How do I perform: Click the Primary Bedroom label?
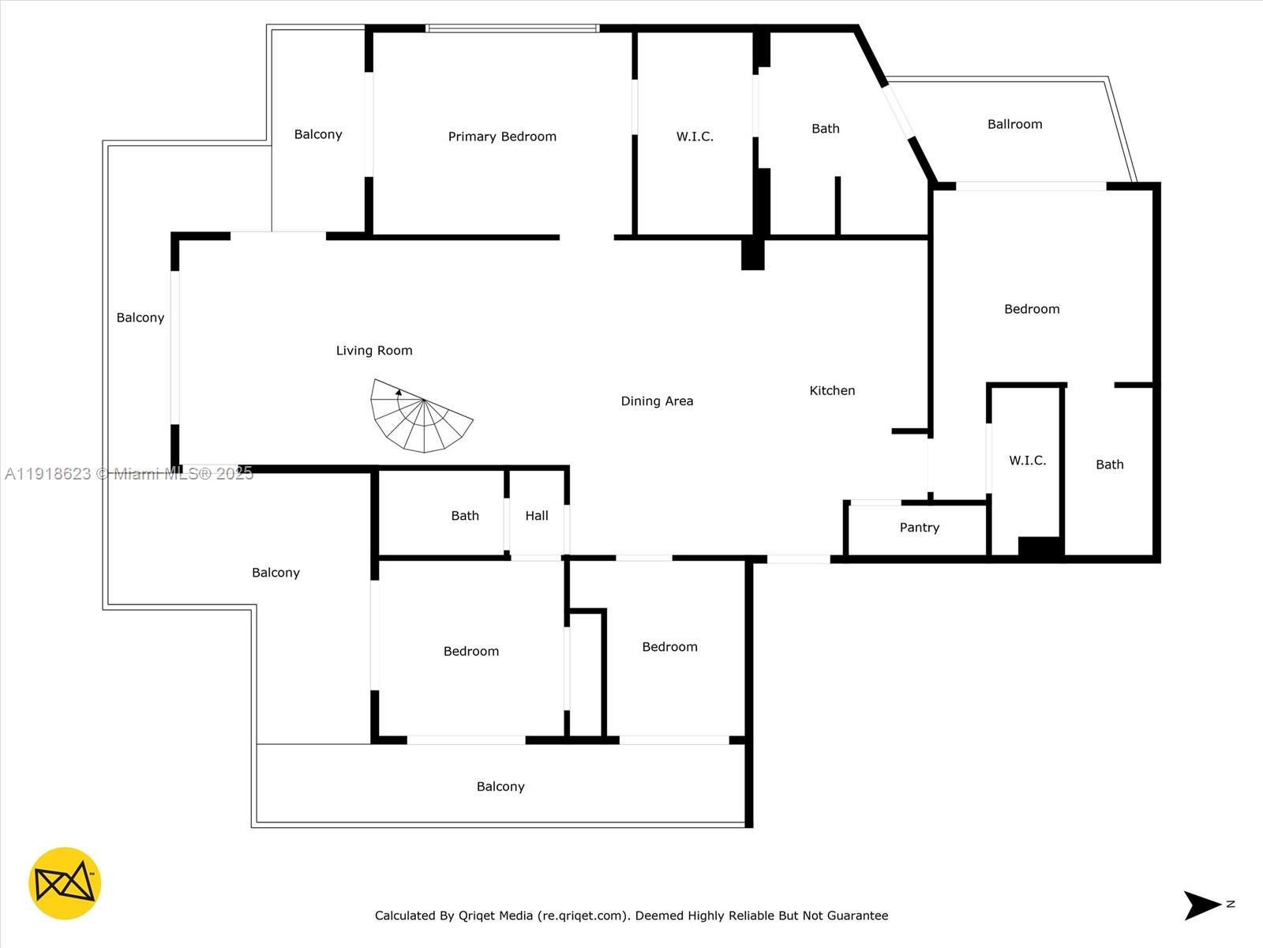coord(502,137)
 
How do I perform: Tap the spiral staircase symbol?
coord(421,416)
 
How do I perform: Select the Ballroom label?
coord(1014,124)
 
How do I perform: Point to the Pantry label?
coord(919,528)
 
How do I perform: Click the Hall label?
coord(537,516)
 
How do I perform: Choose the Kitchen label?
coord(832,390)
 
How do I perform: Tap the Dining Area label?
coord(657,401)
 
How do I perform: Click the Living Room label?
coord(374,351)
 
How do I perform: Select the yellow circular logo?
coord(65,883)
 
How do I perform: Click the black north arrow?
coord(1201,905)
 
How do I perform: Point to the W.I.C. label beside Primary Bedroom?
coord(695,137)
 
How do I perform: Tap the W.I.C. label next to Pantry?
coord(1027,461)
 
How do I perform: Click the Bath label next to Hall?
coord(465,516)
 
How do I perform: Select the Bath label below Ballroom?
coord(1109,465)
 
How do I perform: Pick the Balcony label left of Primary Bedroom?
coord(318,134)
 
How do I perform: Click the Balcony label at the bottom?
coord(500,787)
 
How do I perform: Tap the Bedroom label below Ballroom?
coord(1032,309)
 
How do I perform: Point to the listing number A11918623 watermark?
coord(48,474)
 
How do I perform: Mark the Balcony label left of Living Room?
coord(141,318)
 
